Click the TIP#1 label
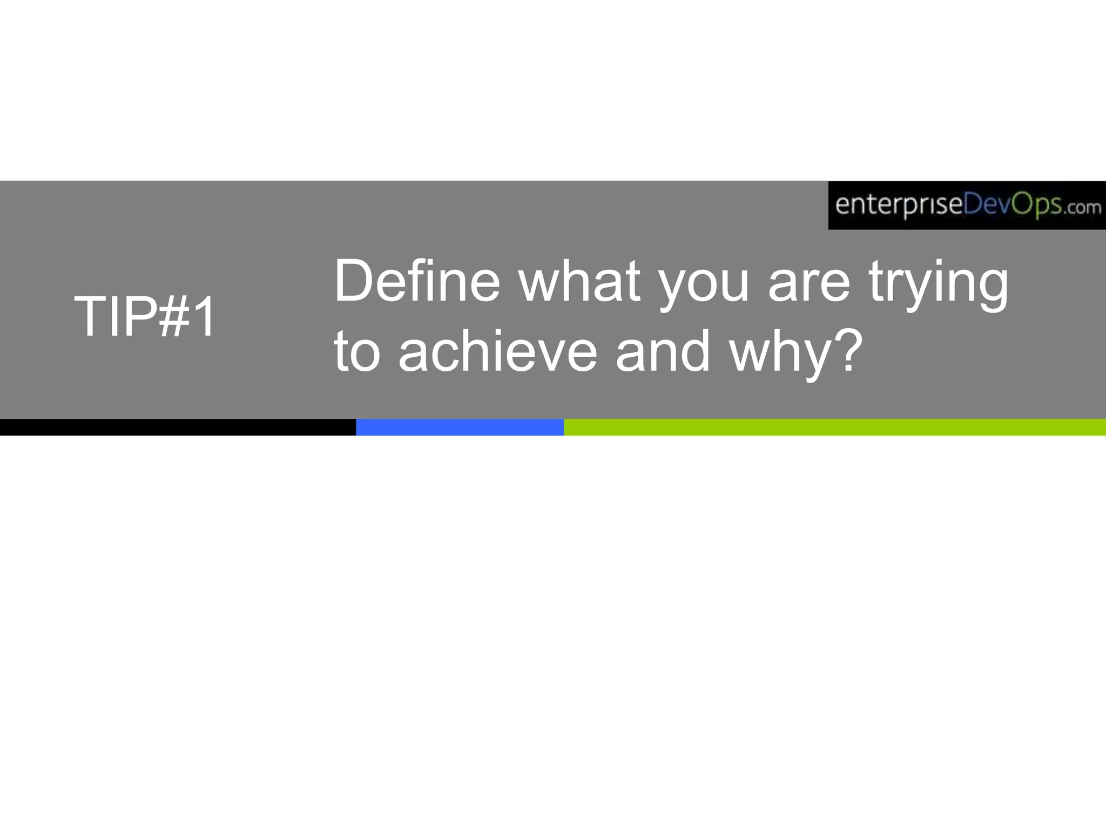click(x=145, y=317)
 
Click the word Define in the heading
click(x=417, y=281)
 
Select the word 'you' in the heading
click(x=705, y=286)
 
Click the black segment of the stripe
click(x=178, y=427)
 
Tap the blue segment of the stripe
click(x=460, y=427)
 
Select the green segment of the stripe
click(x=834, y=427)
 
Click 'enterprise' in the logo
click(x=899, y=206)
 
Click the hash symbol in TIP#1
click(x=176, y=317)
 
